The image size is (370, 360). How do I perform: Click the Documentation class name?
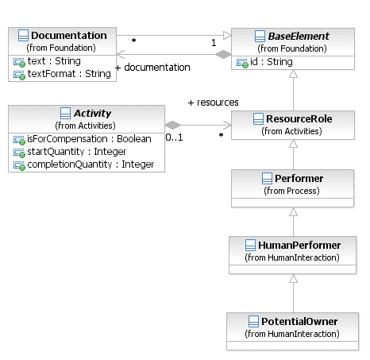coord(69,36)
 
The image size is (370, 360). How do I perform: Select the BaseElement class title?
coord(299,37)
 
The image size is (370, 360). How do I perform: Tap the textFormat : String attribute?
coord(69,74)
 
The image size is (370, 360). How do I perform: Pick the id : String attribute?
coord(272,62)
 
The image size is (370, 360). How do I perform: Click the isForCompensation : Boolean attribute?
coord(89,139)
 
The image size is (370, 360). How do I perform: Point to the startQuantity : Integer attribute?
coord(77,152)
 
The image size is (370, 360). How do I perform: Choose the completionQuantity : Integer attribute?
coord(91,165)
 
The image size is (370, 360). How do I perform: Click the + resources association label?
coord(213,103)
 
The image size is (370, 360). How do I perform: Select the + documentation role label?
coord(152,68)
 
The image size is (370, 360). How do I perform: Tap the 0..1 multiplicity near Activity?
coord(174,137)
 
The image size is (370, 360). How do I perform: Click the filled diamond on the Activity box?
coord(173,125)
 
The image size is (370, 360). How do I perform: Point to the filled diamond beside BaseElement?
coord(223,54)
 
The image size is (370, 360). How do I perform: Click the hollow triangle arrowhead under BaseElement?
coord(293,74)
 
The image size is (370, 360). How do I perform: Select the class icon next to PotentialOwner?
coord(253,321)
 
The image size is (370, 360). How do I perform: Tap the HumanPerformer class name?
coord(299,246)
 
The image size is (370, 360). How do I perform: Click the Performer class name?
coord(299,179)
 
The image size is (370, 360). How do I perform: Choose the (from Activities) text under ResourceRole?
coord(291,131)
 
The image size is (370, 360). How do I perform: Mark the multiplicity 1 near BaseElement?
coord(214,43)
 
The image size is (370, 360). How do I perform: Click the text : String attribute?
coord(54,61)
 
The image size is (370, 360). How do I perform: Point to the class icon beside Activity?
coord(65,113)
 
